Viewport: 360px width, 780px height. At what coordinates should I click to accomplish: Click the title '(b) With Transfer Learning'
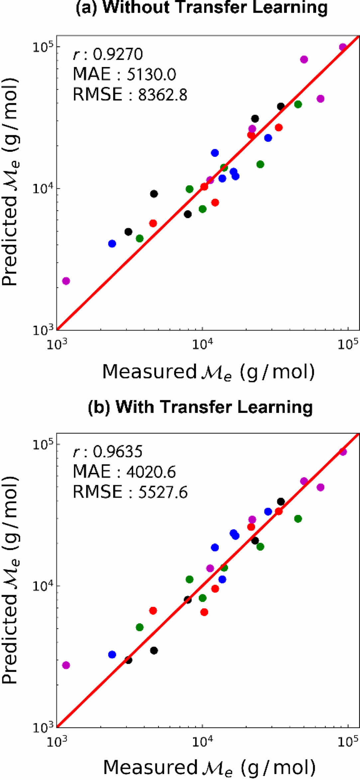pyautogui.click(x=200, y=407)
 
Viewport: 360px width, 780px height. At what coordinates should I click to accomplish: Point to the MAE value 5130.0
pyautogui.click(x=151, y=74)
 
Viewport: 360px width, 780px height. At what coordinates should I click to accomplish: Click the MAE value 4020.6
pyautogui.click(x=151, y=472)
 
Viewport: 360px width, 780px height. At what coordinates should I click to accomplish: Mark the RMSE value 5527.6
pyautogui.click(x=163, y=492)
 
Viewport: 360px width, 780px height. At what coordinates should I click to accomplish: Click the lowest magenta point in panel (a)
pyautogui.click(x=66, y=281)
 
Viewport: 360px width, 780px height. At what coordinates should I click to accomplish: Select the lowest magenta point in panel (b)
pyautogui.click(x=66, y=665)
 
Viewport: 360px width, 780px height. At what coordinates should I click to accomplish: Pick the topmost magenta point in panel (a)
pyautogui.click(x=343, y=47)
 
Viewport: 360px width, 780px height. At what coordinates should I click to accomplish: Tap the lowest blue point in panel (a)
pyautogui.click(x=112, y=244)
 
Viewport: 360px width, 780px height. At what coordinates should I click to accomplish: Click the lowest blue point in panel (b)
pyautogui.click(x=112, y=654)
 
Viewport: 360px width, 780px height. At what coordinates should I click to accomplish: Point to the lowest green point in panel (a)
pyautogui.click(x=140, y=239)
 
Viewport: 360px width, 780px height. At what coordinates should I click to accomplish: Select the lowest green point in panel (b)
pyautogui.click(x=140, y=627)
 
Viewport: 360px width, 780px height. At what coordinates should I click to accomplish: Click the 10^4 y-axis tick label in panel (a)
pyautogui.click(x=43, y=188)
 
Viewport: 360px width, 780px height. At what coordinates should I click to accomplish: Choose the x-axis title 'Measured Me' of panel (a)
pyautogui.click(x=208, y=372)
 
